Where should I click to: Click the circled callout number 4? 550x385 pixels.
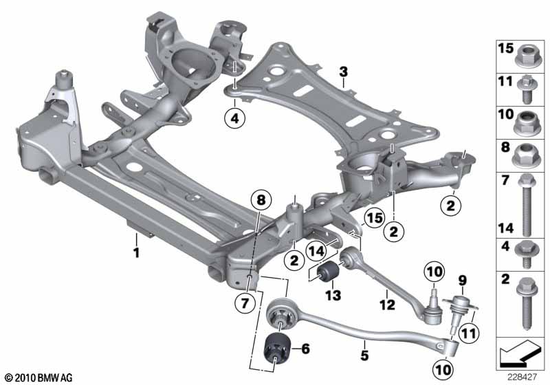[234, 118]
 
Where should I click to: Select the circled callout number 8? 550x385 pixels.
[261, 201]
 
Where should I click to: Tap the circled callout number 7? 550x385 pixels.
[245, 303]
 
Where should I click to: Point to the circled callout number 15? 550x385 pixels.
[374, 218]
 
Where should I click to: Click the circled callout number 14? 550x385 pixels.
[316, 250]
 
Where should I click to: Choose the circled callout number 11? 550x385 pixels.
[469, 333]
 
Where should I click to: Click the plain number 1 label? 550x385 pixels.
[136, 252]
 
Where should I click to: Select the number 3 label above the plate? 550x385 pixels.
[343, 72]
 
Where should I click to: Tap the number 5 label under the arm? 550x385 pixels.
[365, 355]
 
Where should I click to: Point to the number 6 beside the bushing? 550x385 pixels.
[305, 349]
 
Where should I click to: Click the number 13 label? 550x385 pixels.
[333, 296]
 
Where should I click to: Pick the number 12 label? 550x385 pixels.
[387, 305]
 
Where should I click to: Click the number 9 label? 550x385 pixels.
[463, 280]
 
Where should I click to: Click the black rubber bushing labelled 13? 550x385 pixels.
[329, 272]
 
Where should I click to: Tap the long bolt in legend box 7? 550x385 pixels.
[526, 205]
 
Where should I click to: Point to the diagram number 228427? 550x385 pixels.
[522, 377]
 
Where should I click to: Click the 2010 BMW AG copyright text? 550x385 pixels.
[39, 377]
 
